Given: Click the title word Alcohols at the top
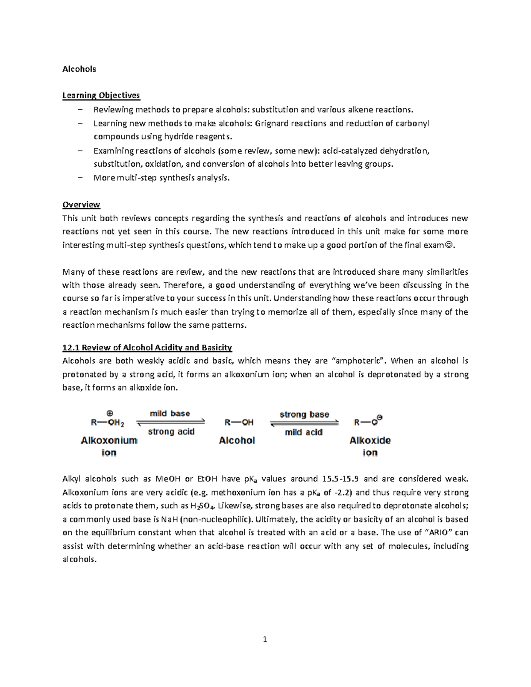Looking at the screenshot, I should (79, 69).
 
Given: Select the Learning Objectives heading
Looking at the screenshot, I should (101, 96).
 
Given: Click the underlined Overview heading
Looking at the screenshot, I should (81, 205).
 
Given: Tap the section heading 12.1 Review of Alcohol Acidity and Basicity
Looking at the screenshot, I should (147, 348).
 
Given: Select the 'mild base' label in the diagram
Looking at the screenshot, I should (170, 414).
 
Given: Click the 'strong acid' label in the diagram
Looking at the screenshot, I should (171, 432).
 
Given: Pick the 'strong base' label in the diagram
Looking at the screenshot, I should (304, 415).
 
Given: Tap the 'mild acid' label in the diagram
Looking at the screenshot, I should (304, 432).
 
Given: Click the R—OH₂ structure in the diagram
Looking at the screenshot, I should (108, 422).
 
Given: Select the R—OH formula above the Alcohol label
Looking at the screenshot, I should (239, 422).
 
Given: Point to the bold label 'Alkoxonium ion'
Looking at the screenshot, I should (109, 446).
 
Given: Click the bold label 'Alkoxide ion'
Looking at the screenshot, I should (370, 446).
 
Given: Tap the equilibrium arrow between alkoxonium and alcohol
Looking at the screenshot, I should (171, 422).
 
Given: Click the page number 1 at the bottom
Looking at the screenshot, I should (265, 639).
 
